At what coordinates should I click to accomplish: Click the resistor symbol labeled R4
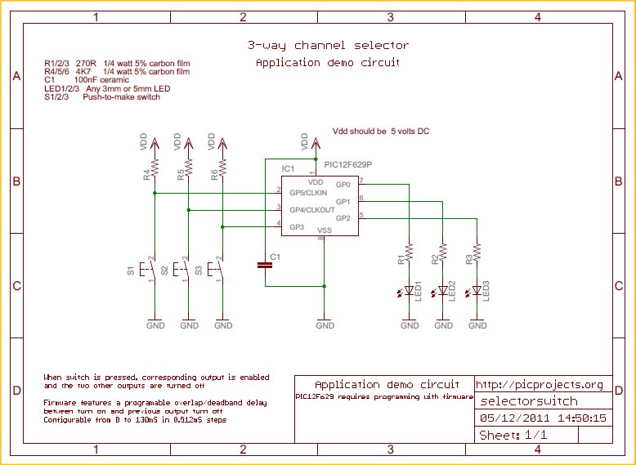155,168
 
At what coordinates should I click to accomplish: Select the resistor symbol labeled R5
189,168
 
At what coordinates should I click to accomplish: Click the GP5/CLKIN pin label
308,192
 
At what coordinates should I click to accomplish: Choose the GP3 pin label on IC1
297,226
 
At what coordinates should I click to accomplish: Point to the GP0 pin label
343,185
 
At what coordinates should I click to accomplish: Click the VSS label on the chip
325,231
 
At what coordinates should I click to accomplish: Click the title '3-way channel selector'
328,46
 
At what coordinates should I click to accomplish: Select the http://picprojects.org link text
539,384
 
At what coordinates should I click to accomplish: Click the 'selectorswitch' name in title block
528,401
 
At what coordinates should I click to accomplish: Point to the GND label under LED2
443,325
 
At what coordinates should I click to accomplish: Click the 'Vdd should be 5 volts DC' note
380,131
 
